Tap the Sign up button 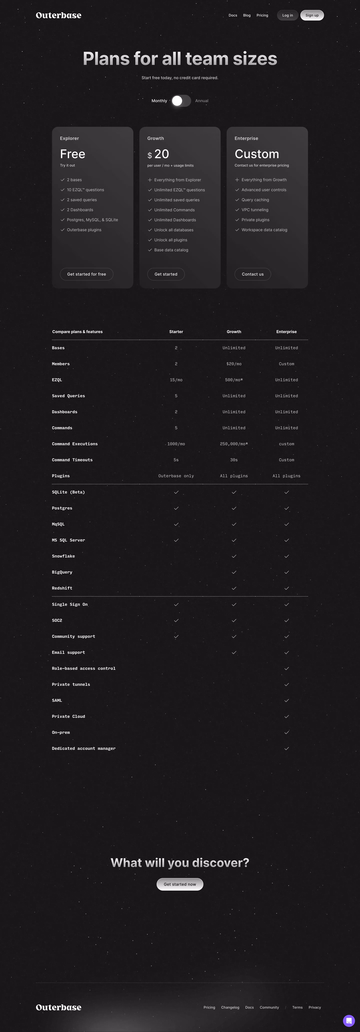point(312,15)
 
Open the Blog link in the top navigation point(247,15)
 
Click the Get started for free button point(86,274)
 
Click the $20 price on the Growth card point(159,154)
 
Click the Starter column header point(176,332)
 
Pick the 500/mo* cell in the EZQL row point(234,380)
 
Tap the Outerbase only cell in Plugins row point(176,476)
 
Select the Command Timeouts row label point(72,460)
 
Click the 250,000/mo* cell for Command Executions point(234,444)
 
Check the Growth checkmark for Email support point(234,652)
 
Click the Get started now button point(180,884)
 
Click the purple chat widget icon point(349,1021)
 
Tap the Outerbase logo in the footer point(58,1007)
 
